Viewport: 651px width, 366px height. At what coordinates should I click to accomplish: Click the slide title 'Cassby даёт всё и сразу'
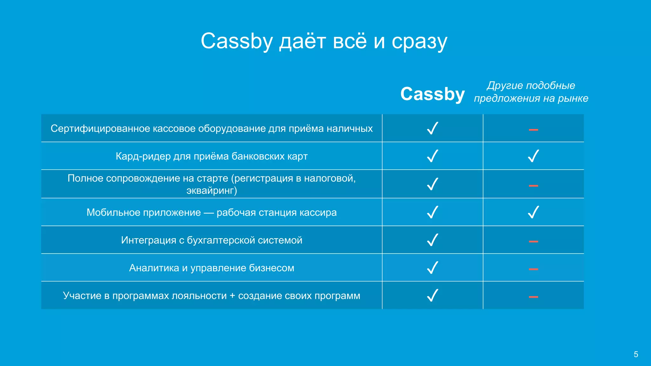(x=324, y=41)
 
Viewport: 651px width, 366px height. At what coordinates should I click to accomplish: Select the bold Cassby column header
(x=432, y=94)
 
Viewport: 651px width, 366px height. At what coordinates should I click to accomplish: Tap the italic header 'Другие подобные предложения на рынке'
(x=531, y=92)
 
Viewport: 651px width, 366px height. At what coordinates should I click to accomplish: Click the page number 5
(x=636, y=354)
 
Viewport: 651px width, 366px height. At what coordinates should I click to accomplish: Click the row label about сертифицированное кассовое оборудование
(x=211, y=128)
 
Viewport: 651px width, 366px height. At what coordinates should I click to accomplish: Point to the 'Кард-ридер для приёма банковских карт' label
(x=211, y=156)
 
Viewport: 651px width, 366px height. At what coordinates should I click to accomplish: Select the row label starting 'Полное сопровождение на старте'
(x=211, y=184)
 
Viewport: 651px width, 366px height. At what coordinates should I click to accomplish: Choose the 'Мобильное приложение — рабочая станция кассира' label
(x=211, y=212)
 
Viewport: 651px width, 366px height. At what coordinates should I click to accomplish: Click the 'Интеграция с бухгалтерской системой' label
(x=211, y=240)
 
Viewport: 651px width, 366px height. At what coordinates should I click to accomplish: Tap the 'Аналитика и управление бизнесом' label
(x=211, y=268)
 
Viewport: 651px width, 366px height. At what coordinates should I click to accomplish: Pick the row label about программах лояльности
(x=211, y=296)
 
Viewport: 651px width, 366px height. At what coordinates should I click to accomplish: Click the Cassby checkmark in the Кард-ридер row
(x=433, y=156)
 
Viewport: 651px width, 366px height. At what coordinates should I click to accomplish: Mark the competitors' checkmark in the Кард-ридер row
(x=533, y=156)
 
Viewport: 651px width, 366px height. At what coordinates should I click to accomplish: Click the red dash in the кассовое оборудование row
(x=533, y=130)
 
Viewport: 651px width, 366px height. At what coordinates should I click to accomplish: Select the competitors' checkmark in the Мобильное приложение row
(x=533, y=212)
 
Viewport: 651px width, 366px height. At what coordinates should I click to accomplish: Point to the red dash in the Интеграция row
(x=533, y=241)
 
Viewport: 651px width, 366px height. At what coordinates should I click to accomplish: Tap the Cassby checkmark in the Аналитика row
(x=433, y=268)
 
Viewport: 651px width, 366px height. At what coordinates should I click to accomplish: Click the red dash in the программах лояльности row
(x=533, y=297)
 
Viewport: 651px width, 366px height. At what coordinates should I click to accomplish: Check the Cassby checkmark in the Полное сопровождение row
(x=433, y=184)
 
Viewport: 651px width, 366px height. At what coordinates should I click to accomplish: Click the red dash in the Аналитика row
(x=533, y=269)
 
